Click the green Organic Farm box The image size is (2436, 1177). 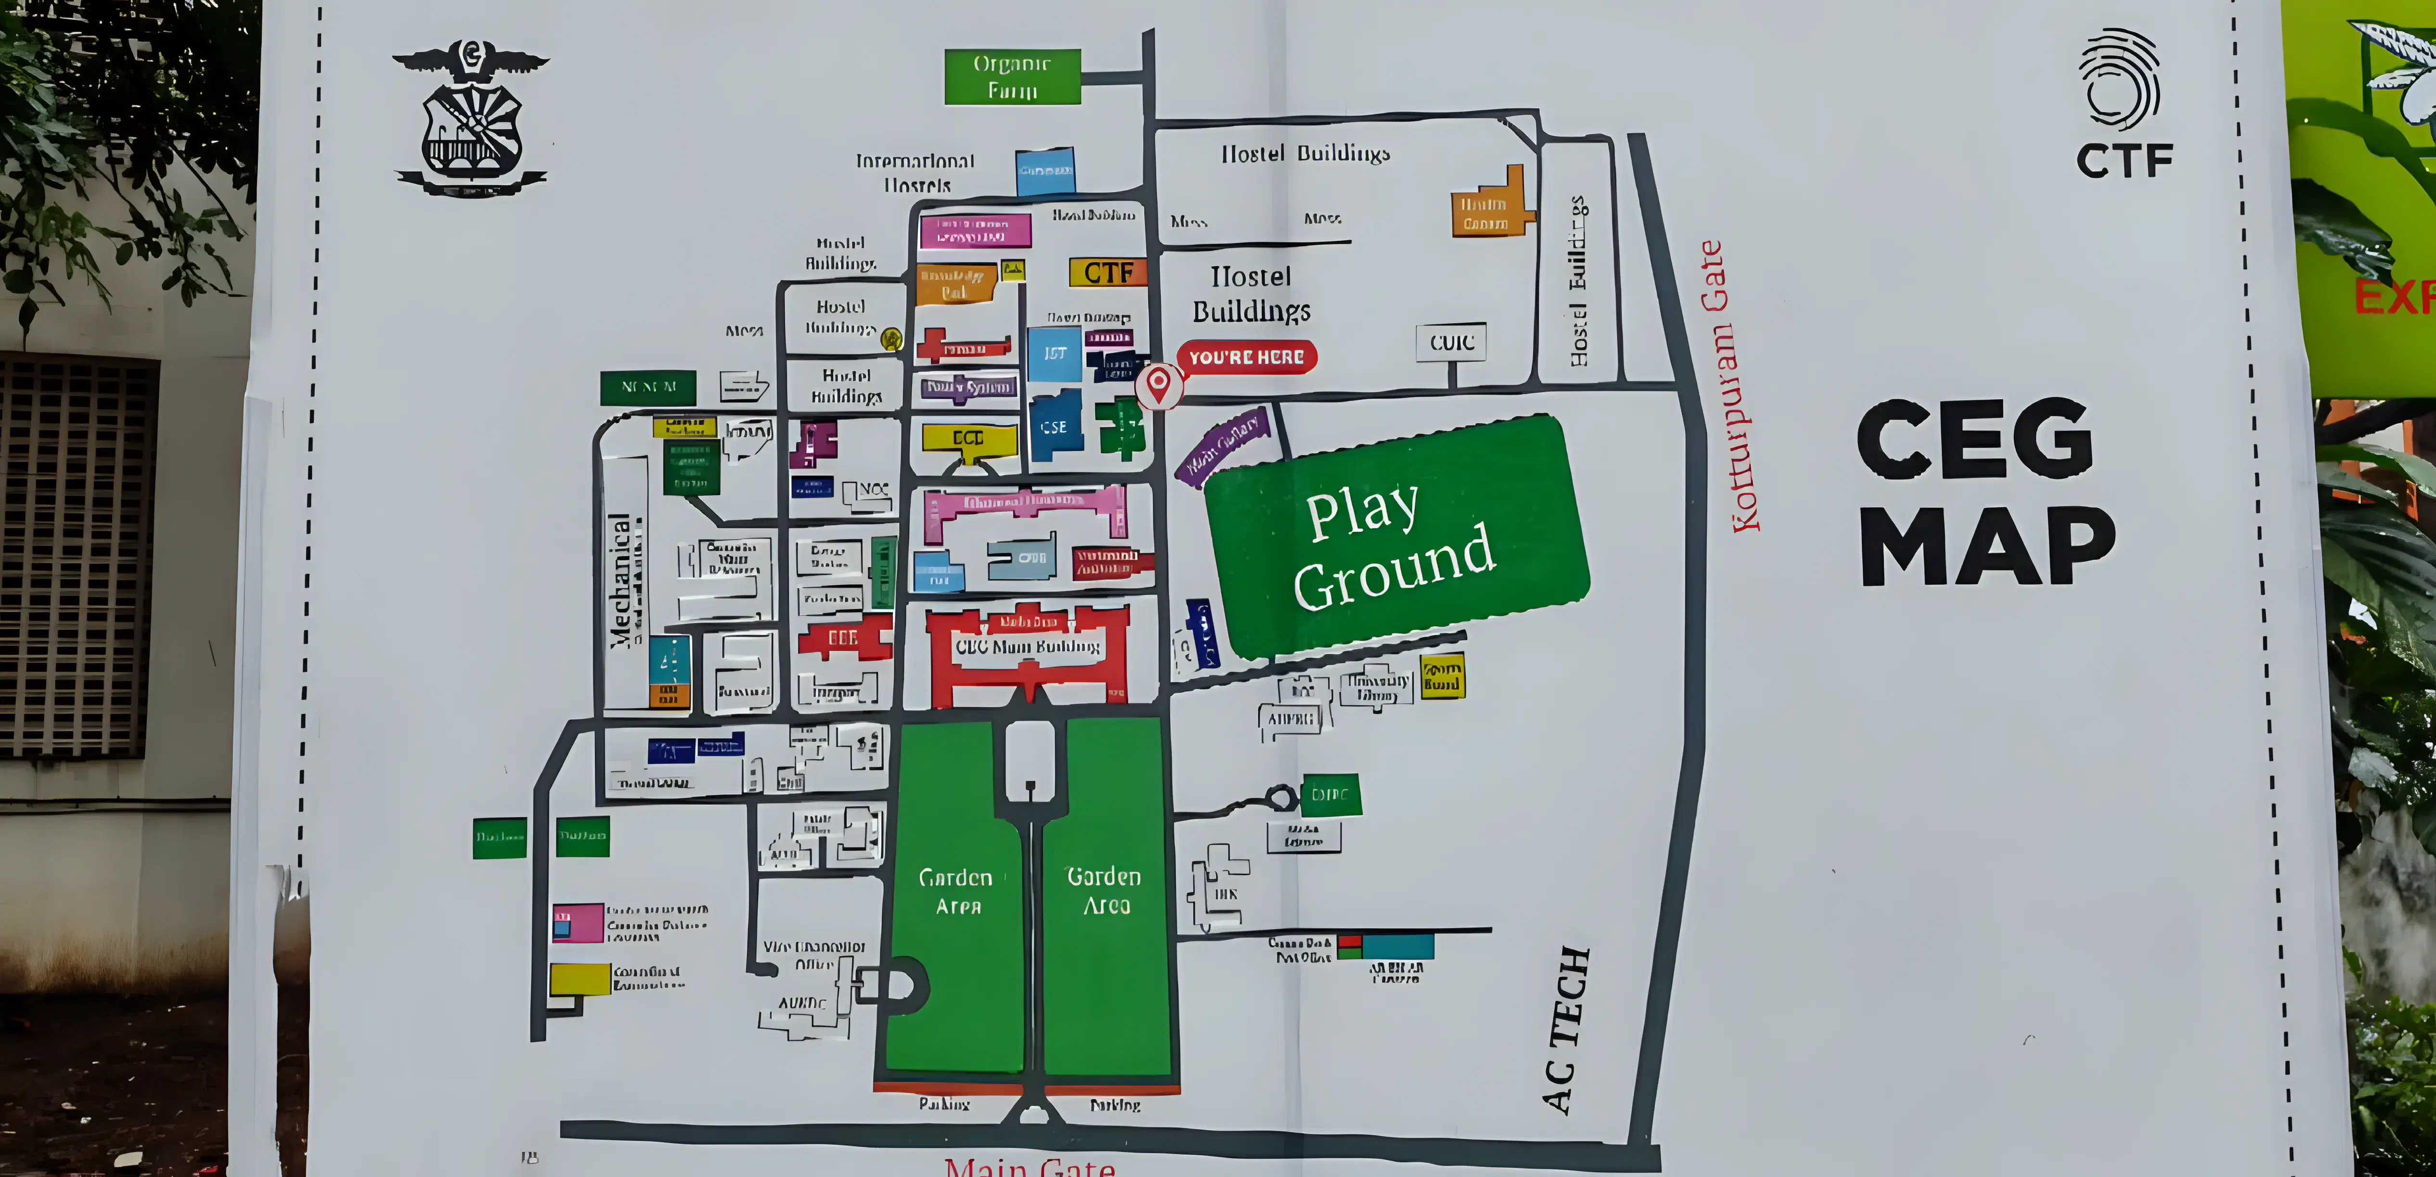point(1012,76)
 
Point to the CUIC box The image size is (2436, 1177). point(1451,342)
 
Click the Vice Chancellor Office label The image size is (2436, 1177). point(813,955)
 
